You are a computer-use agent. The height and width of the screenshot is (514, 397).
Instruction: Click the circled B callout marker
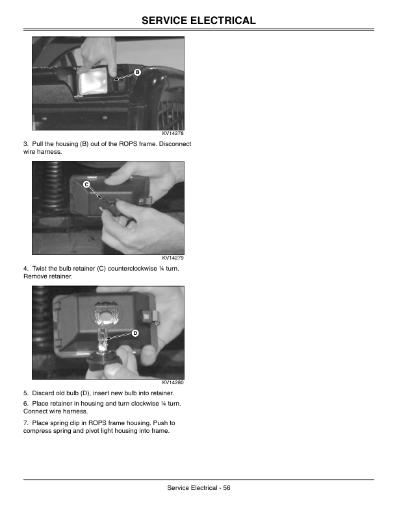tap(138, 72)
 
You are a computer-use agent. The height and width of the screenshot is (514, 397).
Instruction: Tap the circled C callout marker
tap(86, 184)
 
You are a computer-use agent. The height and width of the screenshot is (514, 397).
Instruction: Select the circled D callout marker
tap(135, 334)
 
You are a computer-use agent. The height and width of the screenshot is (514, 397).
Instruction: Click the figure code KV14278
tap(173, 134)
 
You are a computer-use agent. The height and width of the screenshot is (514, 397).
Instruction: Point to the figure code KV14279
tap(173, 258)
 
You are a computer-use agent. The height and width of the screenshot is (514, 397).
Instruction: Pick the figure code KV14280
tap(173, 382)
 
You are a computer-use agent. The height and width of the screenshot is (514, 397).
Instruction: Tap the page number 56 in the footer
tap(227, 488)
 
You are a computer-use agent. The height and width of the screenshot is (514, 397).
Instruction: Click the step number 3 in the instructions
tap(25, 144)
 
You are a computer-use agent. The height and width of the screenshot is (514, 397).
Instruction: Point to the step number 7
tap(25, 423)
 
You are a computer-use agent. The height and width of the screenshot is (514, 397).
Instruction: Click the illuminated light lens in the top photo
tap(93, 82)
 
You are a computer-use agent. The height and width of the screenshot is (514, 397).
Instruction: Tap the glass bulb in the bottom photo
tap(104, 339)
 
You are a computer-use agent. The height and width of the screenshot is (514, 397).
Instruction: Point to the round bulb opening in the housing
tap(106, 315)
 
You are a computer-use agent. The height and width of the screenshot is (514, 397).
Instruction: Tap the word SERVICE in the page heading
tap(164, 21)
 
